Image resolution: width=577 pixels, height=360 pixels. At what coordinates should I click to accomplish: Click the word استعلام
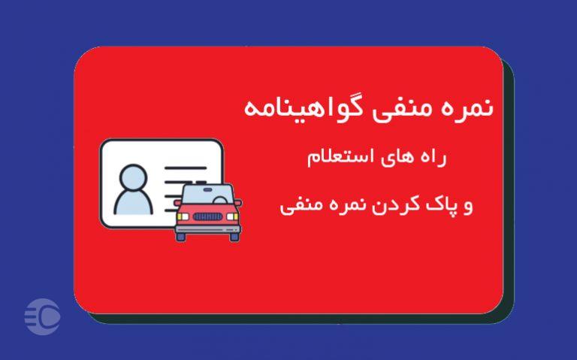pyautogui.click(x=341, y=157)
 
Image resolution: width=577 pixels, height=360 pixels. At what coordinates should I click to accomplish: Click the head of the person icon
pyautogui.click(x=133, y=177)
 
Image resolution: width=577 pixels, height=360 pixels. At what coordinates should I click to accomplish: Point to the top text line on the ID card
pyautogui.click(x=186, y=168)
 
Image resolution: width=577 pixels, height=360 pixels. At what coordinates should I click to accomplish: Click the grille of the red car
pyautogui.click(x=207, y=216)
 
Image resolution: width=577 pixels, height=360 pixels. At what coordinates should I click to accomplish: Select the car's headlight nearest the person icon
pyautogui.click(x=183, y=216)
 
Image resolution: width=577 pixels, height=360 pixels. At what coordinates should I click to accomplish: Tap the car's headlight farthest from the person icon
pyautogui.click(x=233, y=216)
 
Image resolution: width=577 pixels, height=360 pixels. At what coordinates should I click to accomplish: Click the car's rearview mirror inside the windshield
pyautogui.click(x=208, y=189)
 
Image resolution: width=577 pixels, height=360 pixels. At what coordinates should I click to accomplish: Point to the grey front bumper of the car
pyautogui.click(x=208, y=229)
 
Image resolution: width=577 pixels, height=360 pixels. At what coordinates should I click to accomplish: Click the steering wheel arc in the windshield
pyautogui.click(x=220, y=200)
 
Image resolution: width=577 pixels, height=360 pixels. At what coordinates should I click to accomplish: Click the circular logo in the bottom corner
pyautogui.click(x=42, y=316)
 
